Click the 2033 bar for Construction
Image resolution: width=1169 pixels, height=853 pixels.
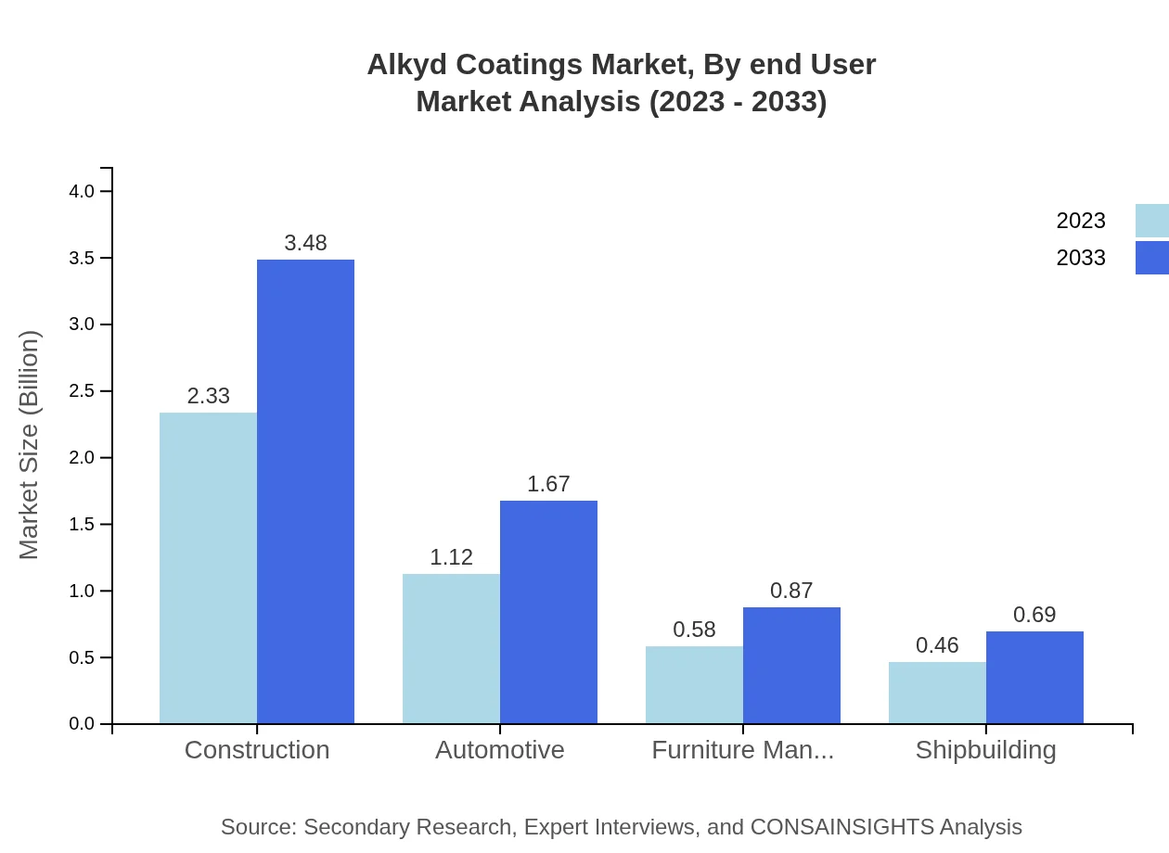pyautogui.click(x=305, y=491)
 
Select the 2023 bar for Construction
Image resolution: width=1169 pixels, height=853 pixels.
pyautogui.click(x=208, y=567)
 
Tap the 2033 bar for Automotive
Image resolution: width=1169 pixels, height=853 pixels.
pyautogui.click(x=548, y=612)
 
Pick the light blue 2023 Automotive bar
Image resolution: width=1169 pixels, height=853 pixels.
pyautogui.click(x=451, y=648)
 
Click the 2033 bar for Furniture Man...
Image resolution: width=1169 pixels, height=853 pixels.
pyautogui.click(x=791, y=665)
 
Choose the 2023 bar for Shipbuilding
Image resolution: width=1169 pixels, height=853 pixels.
pyautogui.click(x=937, y=693)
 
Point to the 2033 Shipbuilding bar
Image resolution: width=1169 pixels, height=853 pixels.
pyautogui.click(x=1034, y=677)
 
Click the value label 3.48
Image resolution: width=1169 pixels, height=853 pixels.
pyautogui.click(x=305, y=243)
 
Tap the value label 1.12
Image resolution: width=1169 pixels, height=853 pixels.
pyautogui.click(x=451, y=557)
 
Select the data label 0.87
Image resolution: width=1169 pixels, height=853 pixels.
pyautogui.click(x=791, y=591)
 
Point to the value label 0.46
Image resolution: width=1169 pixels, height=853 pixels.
pyautogui.click(x=937, y=645)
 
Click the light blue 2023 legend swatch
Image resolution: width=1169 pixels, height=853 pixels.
pyautogui.click(x=1151, y=221)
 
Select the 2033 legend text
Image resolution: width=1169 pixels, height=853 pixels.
pyautogui.click(x=1081, y=258)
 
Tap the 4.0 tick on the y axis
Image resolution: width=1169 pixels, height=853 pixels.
pyautogui.click(x=83, y=192)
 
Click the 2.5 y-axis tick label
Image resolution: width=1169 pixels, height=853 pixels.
pyautogui.click(x=83, y=391)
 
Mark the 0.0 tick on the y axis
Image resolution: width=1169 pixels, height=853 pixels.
pyautogui.click(x=83, y=724)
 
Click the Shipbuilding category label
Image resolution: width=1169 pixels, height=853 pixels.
pyautogui.click(x=985, y=749)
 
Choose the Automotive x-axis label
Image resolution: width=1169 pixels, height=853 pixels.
pyautogui.click(x=499, y=749)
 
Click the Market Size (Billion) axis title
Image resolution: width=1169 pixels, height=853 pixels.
pyautogui.click(x=30, y=445)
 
